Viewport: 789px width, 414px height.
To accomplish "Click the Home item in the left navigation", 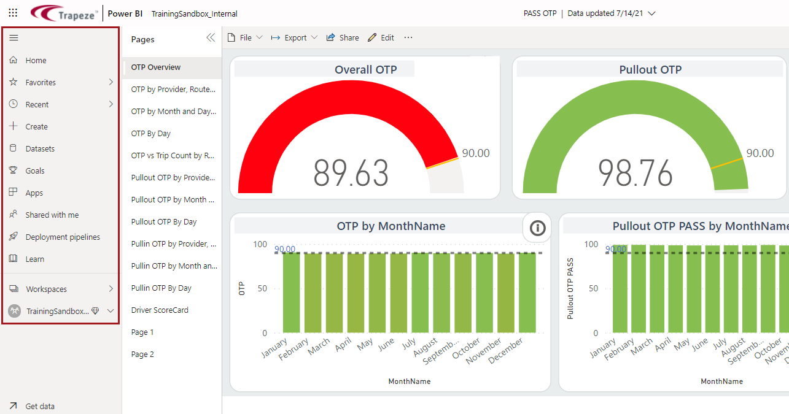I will pos(36,60).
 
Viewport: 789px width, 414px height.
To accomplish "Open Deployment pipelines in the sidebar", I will pos(62,237).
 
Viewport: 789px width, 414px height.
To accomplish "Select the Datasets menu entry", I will pos(40,148).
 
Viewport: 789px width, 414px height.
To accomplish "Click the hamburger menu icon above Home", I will pos(14,38).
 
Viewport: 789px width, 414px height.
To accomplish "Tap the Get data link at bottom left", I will pos(39,406).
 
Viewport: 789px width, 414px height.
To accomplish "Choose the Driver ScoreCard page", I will pos(160,310).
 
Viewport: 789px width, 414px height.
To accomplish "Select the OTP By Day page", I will pos(151,133).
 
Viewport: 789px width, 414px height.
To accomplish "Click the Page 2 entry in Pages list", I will pos(142,354).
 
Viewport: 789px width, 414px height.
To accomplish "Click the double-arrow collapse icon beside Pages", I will pos(211,38).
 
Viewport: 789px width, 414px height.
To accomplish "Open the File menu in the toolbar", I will pos(245,37).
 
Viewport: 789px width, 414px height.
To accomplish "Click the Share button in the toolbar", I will pos(343,37).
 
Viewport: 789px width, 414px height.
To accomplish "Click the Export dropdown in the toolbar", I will pos(294,37).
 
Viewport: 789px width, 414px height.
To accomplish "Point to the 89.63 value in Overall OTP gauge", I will pos(351,173).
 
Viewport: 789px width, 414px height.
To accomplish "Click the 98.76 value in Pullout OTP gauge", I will pos(635,173).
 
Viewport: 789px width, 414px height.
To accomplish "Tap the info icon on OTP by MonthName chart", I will pos(537,229).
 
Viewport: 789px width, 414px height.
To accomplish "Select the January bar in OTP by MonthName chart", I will pos(292,293).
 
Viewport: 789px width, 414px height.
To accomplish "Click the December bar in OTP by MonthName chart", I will pos(527,293).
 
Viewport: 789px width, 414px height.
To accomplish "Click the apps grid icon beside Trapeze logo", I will pos(13,13).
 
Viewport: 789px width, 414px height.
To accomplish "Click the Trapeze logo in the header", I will pos(64,13).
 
